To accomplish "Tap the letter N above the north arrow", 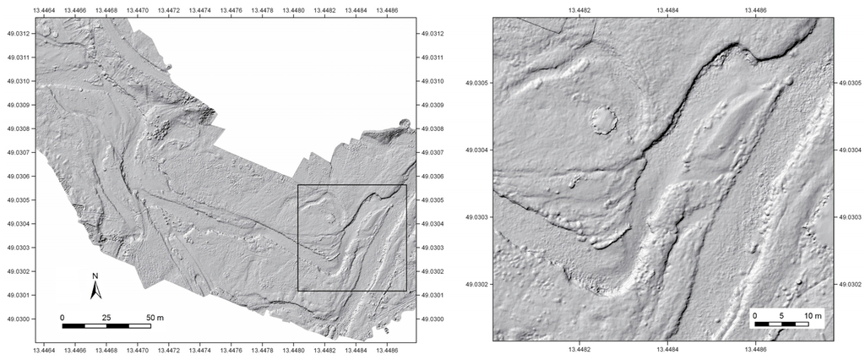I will tap(95, 277).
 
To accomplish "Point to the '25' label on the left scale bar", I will tap(107, 317).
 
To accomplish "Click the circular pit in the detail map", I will tap(603, 119).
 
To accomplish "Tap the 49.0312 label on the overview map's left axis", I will tap(18, 34).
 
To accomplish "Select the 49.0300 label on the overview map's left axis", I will tap(18, 319).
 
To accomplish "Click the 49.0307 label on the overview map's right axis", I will tap(431, 153).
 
